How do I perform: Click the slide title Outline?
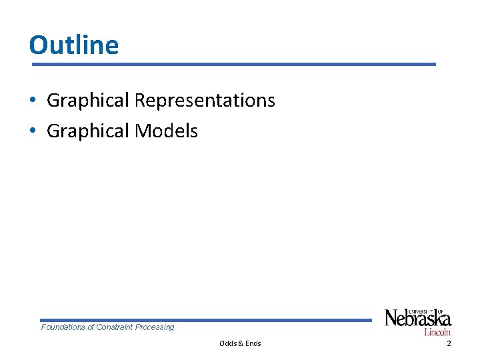pyautogui.click(x=74, y=45)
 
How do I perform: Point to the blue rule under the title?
pyautogui.click(x=233, y=64)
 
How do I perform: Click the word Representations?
pyautogui.click(x=205, y=101)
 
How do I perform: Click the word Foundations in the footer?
pyautogui.click(x=63, y=327)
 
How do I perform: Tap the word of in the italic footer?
pyautogui.click(x=91, y=327)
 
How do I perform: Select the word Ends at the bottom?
pyautogui.click(x=253, y=343)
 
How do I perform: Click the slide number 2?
pyautogui.click(x=449, y=343)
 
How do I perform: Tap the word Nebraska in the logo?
pyautogui.click(x=418, y=319)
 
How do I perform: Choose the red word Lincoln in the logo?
pyautogui.click(x=437, y=331)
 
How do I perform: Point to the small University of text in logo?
pyautogui.click(x=424, y=310)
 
